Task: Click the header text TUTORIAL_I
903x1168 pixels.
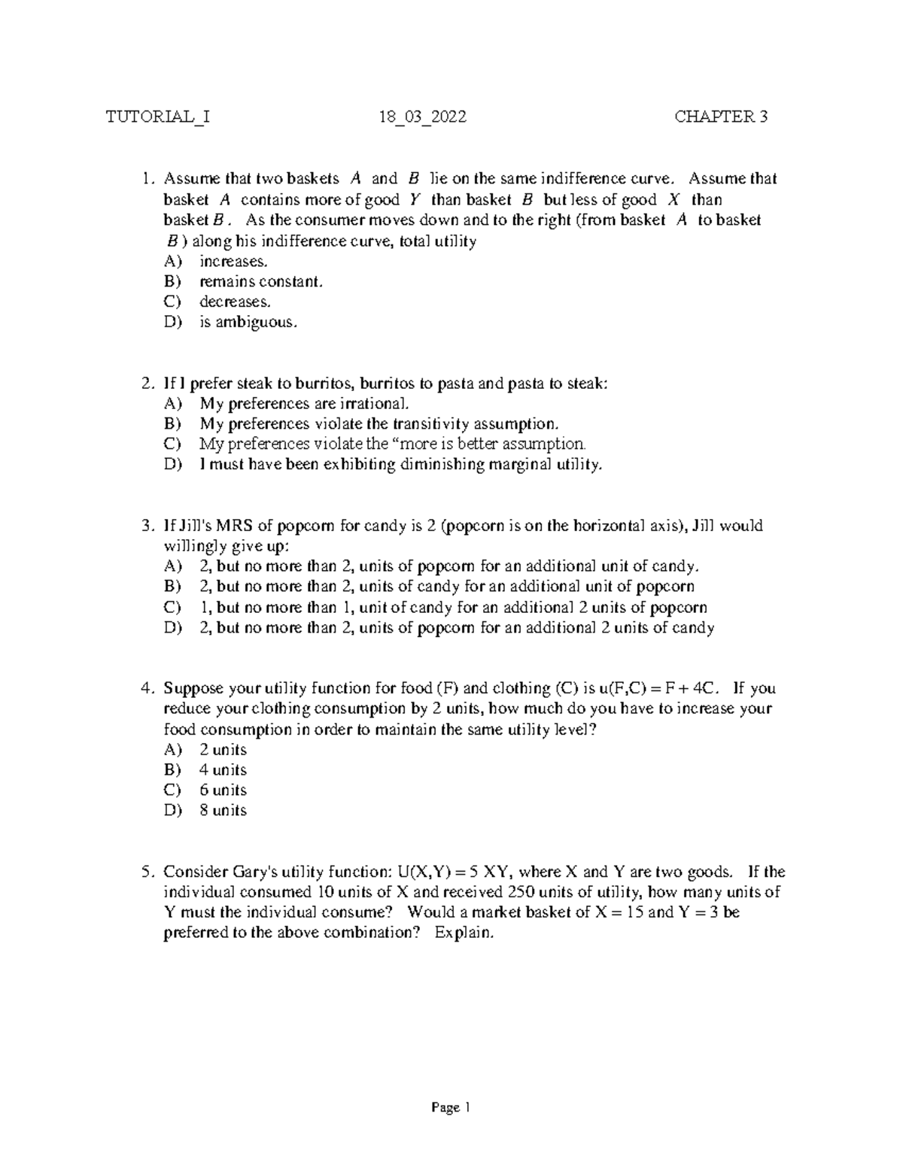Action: pyautogui.click(x=157, y=117)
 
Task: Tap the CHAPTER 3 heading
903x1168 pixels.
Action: pyautogui.click(x=721, y=117)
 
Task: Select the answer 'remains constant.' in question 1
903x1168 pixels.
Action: pyautogui.click(x=260, y=282)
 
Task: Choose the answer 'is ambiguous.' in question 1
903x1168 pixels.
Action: pyautogui.click(x=248, y=323)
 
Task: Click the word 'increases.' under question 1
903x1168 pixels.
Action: pyautogui.click(x=233, y=262)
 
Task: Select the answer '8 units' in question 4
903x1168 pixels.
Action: pyautogui.click(x=223, y=811)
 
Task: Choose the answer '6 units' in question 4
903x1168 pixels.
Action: pyautogui.click(x=223, y=790)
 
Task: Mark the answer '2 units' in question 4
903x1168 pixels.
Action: pyautogui.click(x=223, y=750)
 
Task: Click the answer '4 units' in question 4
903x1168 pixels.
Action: pyautogui.click(x=223, y=770)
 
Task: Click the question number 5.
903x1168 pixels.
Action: pyautogui.click(x=147, y=872)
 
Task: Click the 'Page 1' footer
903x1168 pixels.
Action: pyautogui.click(x=450, y=1108)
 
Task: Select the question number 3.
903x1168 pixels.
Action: pyautogui.click(x=147, y=526)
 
